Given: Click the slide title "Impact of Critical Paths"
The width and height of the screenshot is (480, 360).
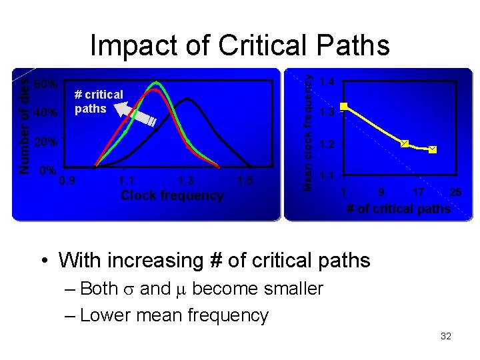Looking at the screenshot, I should pyautogui.click(x=239, y=45).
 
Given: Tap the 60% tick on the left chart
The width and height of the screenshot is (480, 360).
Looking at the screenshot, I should pyautogui.click(x=45, y=85).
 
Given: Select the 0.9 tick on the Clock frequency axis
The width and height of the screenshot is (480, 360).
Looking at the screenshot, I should pyautogui.click(x=67, y=180).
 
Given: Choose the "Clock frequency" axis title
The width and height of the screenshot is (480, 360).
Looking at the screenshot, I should pyautogui.click(x=172, y=195).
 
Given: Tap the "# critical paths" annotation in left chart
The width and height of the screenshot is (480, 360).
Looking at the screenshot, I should pyautogui.click(x=99, y=101).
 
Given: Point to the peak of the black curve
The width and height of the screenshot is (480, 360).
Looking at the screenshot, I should pyautogui.click(x=189, y=99).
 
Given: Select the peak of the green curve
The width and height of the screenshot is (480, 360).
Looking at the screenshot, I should pyautogui.click(x=157, y=82).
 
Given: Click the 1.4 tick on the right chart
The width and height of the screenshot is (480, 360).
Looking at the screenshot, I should pyautogui.click(x=327, y=82).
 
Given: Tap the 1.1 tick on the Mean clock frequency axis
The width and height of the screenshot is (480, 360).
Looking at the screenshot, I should pyautogui.click(x=327, y=175).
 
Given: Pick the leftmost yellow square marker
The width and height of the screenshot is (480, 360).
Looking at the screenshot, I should pyautogui.click(x=344, y=106).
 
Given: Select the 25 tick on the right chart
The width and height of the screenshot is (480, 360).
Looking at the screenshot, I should pyautogui.click(x=455, y=193).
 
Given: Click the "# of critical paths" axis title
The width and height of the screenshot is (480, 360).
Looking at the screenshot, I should pyautogui.click(x=399, y=209).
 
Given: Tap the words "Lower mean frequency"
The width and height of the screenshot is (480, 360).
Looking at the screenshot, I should pyautogui.click(x=174, y=315).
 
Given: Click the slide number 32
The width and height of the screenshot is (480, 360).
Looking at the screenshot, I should pyautogui.click(x=446, y=337).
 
